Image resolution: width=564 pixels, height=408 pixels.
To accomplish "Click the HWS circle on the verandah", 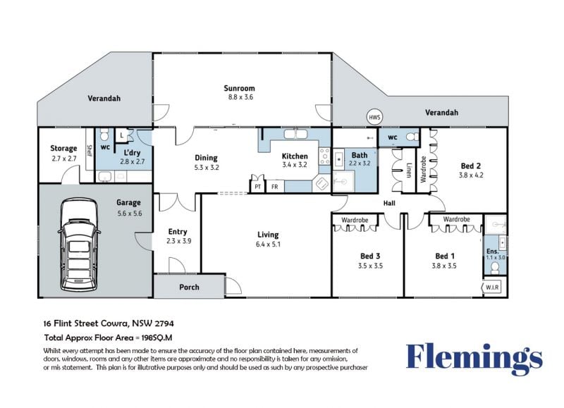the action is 374,117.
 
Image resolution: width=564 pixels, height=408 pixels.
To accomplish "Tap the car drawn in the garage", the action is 79,245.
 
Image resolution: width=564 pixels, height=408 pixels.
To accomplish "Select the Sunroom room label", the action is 239,88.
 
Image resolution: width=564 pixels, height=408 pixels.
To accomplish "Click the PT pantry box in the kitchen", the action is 257,187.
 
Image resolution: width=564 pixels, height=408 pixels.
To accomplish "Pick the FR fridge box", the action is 275,187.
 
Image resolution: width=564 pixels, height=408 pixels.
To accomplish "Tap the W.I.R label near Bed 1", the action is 492,288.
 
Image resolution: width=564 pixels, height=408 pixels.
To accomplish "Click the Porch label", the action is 189,287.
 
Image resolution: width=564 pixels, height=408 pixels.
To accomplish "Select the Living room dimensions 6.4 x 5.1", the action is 268,245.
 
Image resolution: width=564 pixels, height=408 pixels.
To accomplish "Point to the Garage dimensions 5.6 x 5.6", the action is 130,214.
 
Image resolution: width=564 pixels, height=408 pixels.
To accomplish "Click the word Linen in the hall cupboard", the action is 409,171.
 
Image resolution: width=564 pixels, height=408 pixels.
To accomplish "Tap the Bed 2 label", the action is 471,166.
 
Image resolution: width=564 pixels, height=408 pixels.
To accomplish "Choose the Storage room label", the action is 63,148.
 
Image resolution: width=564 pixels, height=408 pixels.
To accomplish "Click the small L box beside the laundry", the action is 122,135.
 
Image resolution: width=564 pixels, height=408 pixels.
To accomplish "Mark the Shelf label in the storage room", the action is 90,150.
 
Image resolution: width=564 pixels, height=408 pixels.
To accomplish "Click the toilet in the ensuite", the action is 496,267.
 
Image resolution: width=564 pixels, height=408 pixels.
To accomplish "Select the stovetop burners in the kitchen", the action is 324,156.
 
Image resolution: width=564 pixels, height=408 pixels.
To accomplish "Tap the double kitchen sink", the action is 295,134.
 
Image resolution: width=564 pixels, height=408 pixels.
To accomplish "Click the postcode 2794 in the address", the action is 164,323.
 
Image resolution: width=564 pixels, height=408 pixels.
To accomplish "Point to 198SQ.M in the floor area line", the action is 157,338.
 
